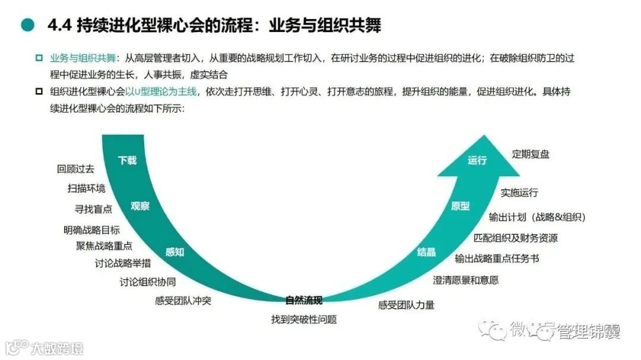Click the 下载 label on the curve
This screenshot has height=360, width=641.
pos(127,160)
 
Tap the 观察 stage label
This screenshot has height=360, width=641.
pos(140,206)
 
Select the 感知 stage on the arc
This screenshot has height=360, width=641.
pos(174,252)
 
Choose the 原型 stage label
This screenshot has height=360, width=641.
pos(461,206)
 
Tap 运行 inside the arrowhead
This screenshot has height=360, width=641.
pos(477,160)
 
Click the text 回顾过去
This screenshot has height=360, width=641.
pos(75,169)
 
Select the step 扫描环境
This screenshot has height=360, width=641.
pos(87,189)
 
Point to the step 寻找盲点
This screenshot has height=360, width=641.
pos(93,209)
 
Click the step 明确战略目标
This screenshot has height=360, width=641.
pos(91,230)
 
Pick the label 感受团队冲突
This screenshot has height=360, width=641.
pos(183,301)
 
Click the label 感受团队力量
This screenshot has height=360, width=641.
pos(406,305)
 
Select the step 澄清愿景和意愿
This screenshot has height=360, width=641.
pos(465,280)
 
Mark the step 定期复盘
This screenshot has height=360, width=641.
pos(531,154)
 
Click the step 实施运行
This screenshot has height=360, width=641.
pos(519,193)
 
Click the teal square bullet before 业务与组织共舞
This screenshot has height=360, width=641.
pos(39,58)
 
